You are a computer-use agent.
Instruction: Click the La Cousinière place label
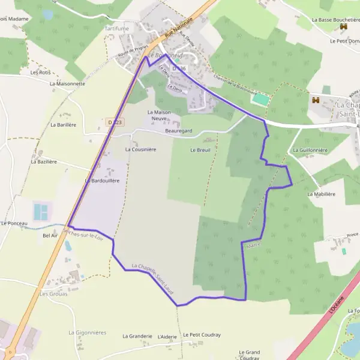point(140,149)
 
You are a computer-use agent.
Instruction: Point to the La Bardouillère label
point(106,180)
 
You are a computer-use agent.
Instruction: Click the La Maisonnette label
point(67,83)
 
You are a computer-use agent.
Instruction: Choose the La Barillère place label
point(64,125)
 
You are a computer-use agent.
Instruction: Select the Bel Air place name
point(50,236)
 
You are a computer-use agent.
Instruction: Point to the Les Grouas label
point(53,294)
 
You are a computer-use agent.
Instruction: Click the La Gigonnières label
point(87,332)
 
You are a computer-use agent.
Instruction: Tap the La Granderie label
point(137,337)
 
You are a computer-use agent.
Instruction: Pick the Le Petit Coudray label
point(202,335)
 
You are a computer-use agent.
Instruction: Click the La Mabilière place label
point(321,194)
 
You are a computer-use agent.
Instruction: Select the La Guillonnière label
point(312,149)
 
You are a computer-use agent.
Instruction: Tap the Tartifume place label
point(117,29)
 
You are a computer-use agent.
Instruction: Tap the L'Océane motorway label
point(337,304)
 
